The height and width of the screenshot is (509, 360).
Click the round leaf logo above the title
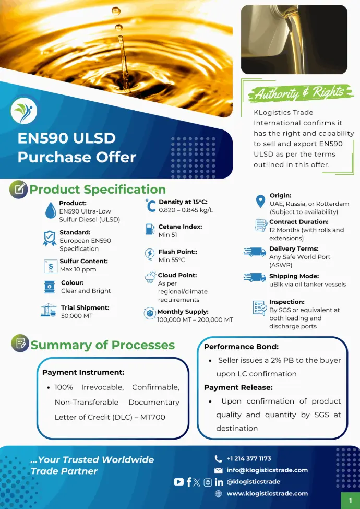23,111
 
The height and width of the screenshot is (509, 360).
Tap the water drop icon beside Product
51,210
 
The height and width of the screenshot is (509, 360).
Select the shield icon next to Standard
50,238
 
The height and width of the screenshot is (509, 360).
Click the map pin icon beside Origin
260,202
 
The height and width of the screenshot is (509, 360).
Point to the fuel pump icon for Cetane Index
150,229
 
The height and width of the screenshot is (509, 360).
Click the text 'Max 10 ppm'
78,269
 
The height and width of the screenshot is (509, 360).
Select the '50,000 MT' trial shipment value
77,316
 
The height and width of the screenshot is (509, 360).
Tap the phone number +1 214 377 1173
249,459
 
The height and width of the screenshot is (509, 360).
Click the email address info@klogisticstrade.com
267,470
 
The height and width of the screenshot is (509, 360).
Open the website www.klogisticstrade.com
267,493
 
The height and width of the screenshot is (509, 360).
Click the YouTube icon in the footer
179,482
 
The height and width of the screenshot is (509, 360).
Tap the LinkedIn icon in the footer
219,482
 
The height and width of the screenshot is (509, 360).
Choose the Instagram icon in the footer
208,482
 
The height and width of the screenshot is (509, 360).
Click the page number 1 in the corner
350,501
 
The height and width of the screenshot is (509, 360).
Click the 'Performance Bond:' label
241,347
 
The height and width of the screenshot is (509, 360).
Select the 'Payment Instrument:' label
83,372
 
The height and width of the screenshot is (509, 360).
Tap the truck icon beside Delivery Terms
255,252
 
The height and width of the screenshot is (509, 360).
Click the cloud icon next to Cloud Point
150,277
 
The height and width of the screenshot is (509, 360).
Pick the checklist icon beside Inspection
259,307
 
